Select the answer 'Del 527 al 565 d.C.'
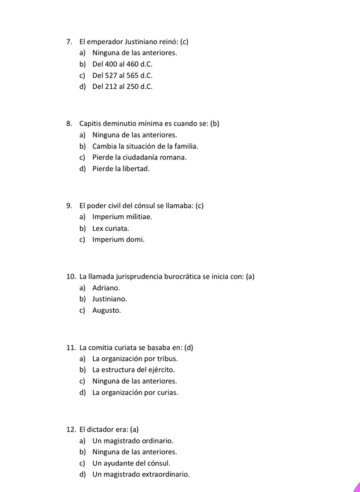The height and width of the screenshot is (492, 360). point(122,75)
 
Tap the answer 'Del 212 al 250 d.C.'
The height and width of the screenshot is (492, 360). point(122,87)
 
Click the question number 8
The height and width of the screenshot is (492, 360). point(69,124)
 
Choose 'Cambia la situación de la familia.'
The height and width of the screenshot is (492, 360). point(145,146)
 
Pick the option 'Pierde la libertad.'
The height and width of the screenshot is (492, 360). point(121,169)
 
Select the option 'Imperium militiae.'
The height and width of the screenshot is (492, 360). point(122,217)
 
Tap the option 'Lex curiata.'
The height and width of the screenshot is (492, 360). point(111,229)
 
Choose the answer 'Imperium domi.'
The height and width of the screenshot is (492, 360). point(118,240)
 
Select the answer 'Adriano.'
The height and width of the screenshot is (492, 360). point(106,288)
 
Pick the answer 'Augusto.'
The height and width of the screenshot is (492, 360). point(107,310)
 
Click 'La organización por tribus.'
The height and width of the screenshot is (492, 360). point(135,359)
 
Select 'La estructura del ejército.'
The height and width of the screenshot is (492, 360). point(134,370)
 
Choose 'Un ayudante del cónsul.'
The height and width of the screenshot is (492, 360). point(131,464)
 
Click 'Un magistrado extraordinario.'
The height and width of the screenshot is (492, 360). point(141,475)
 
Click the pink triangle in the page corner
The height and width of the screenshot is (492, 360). point(357,487)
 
